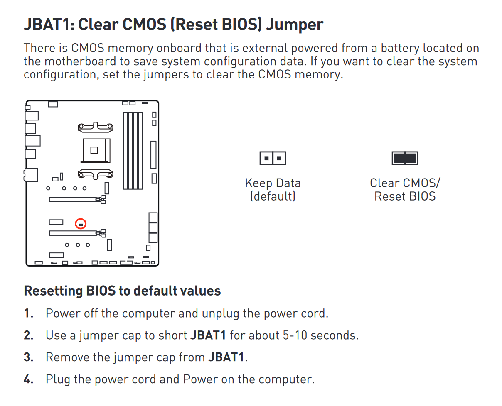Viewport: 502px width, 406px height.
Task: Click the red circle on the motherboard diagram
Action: [x=81, y=224]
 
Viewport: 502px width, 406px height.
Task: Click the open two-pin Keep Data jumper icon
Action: [x=273, y=158]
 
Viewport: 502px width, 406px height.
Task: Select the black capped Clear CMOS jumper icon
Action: [x=405, y=158]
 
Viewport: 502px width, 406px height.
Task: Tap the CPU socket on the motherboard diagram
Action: [x=94, y=150]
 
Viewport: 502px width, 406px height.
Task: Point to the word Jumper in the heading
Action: [x=294, y=25]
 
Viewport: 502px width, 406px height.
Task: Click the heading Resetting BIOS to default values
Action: [x=122, y=291]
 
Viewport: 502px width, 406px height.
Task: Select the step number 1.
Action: [x=28, y=313]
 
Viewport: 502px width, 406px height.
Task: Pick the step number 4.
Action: [x=28, y=379]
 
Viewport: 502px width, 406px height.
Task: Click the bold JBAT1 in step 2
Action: [x=208, y=335]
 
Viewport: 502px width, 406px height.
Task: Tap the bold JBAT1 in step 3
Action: [x=226, y=357]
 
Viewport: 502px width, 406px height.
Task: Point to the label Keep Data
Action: [x=273, y=183]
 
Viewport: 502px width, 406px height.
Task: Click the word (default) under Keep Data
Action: [x=273, y=196]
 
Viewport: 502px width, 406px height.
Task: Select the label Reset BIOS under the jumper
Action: [x=405, y=196]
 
